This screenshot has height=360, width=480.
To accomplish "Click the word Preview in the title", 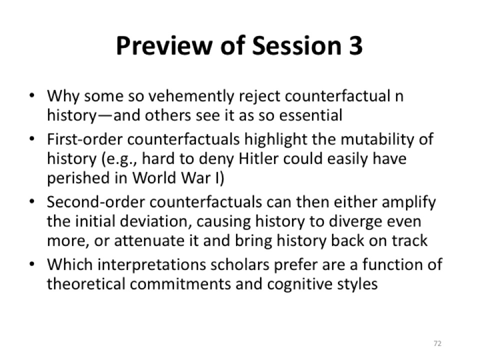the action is point(164,45).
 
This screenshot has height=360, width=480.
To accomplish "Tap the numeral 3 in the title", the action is point(355,45).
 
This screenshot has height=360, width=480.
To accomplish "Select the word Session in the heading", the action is point(296,45).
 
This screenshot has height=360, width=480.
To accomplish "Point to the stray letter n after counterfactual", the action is point(399,96).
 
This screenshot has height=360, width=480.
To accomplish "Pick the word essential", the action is point(310,115).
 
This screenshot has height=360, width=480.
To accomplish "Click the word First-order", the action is point(85,139).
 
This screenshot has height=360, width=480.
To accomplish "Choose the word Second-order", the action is point(96,202).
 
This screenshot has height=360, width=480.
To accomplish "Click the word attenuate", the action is point(149,241).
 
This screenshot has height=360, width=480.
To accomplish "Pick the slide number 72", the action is point(438,343).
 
